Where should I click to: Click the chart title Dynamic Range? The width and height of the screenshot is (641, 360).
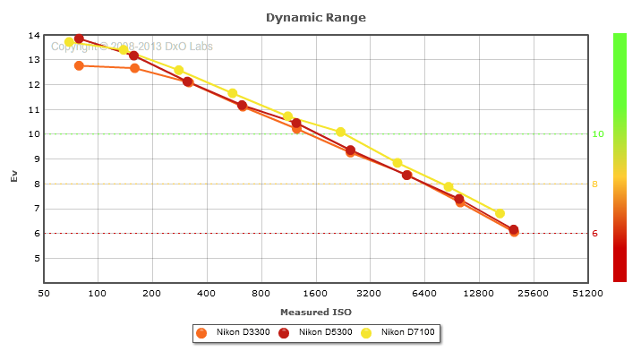(316, 17)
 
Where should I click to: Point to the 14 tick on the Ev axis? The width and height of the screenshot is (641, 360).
(35, 36)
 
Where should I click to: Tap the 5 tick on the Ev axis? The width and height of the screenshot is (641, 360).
(37, 259)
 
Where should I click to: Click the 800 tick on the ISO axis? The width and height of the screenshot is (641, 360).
(261, 293)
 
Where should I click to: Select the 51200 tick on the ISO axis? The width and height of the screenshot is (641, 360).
(587, 293)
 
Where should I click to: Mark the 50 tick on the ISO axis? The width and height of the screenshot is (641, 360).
(44, 293)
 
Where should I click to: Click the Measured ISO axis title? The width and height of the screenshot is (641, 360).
(316, 312)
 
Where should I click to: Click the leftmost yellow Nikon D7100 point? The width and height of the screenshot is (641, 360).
(69, 42)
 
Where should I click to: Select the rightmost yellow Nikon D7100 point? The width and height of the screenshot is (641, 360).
(500, 214)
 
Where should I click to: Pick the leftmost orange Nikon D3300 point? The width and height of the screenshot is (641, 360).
(79, 65)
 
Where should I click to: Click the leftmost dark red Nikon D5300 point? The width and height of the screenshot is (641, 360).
(79, 39)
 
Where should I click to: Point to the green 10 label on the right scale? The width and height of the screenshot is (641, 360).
(597, 134)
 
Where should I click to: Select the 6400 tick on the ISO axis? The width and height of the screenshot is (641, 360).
(424, 293)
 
